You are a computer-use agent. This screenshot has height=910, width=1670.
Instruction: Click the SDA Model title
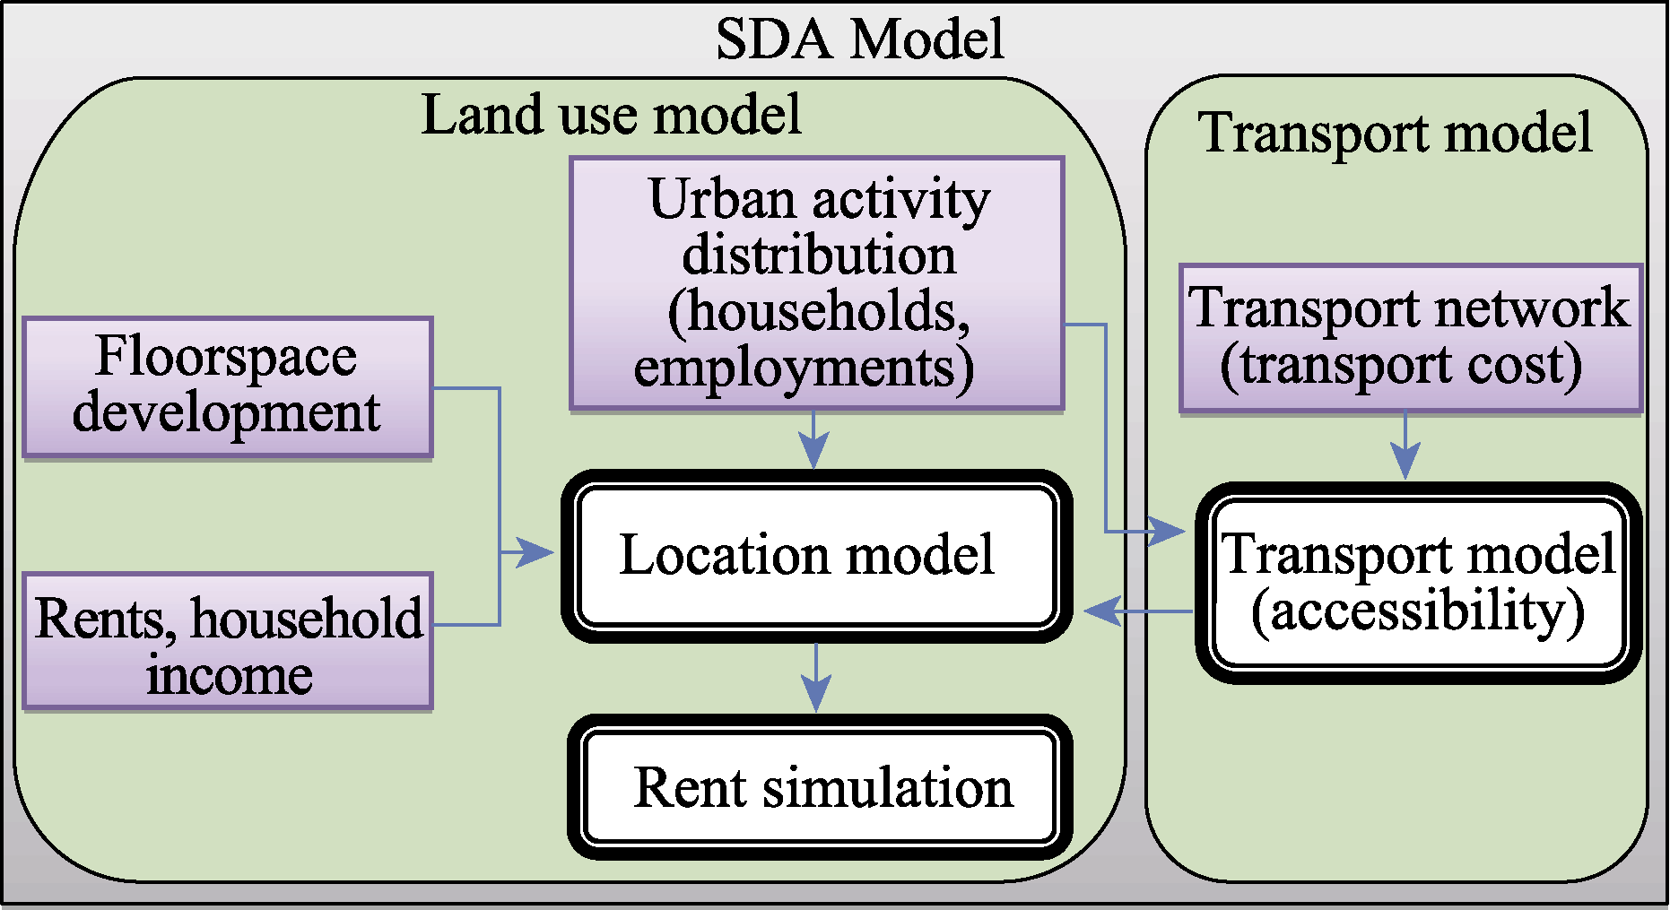click(x=859, y=39)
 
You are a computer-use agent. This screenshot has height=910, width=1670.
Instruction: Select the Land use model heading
click(x=611, y=115)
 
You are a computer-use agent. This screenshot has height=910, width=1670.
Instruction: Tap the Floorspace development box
click(x=227, y=386)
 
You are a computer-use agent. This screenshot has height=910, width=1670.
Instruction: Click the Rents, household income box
click(x=227, y=642)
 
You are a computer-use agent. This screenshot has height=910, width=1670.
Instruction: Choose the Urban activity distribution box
click(x=816, y=283)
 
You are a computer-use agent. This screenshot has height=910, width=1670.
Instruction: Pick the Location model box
click(x=816, y=556)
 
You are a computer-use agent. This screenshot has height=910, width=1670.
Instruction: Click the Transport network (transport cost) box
click(x=1410, y=338)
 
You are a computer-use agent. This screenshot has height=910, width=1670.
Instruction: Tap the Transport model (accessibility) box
click(x=1418, y=583)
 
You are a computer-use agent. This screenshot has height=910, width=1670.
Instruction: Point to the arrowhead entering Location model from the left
click(x=538, y=552)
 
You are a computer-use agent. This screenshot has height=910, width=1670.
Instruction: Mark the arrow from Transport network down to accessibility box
click(x=1405, y=446)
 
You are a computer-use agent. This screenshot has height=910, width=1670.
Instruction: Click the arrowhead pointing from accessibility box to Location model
click(x=1100, y=611)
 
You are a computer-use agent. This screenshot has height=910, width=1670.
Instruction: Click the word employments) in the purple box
click(x=804, y=368)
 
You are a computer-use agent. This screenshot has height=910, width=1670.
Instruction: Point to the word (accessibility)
click(x=1417, y=611)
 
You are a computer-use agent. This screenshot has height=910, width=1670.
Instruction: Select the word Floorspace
click(x=226, y=356)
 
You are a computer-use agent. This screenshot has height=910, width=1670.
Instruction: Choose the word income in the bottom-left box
click(x=230, y=674)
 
